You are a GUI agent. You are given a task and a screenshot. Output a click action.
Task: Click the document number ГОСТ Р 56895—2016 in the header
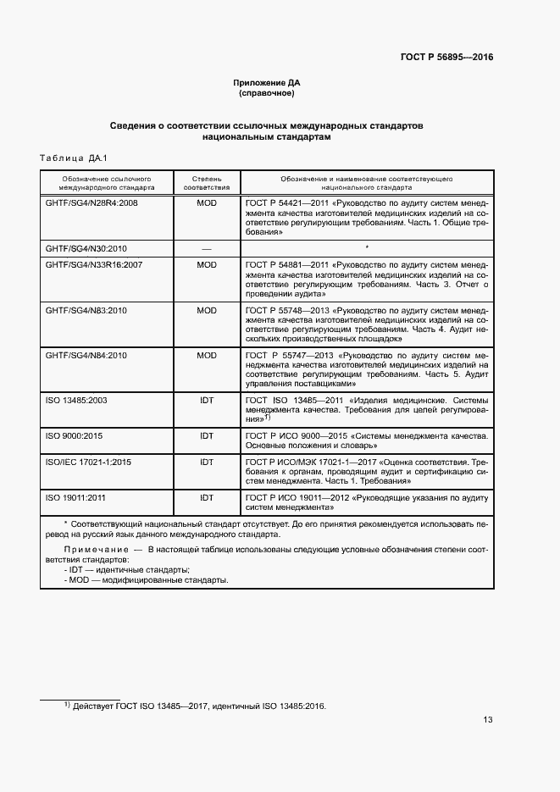click(x=446, y=58)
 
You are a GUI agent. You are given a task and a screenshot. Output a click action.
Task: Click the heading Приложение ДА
click(x=267, y=82)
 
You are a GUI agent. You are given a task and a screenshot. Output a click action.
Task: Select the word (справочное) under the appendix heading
click(x=267, y=92)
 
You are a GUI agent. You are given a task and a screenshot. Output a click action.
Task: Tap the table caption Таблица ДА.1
click(x=70, y=158)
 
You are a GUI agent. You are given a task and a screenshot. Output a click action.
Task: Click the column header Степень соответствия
click(x=207, y=184)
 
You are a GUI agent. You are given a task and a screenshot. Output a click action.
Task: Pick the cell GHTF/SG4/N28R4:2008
click(x=91, y=204)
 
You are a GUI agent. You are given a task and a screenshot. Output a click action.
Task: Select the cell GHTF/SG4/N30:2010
click(x=86, y=248)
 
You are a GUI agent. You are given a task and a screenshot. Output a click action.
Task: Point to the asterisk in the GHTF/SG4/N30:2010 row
click(x=366, y=247)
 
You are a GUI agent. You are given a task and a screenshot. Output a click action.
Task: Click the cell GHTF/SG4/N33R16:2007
click(x=93, y=265)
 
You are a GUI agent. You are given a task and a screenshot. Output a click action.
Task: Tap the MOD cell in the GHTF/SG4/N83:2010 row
click(x=207, y=311)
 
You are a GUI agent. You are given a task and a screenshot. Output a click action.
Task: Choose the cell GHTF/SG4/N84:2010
click(x=86, y=355)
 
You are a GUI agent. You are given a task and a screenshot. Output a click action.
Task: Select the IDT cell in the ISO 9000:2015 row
click(x=207, y=435)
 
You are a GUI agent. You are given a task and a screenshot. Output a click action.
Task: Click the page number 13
click(x=488, y=720)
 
